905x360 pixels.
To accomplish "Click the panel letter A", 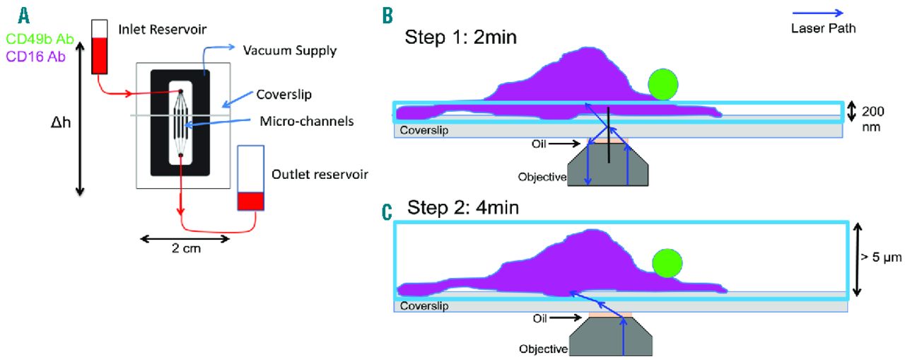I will (x=24, y=14).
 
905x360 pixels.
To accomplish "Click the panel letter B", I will (x=387, y=14).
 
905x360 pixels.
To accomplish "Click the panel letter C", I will (x=387, y=211).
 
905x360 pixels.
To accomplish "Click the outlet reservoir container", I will (x=250, y=178).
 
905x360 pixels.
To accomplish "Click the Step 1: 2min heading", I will (x=460, y=36).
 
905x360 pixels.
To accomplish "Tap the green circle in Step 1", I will (x=665, y=83).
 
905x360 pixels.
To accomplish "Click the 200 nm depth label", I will (x=871, y=119).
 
